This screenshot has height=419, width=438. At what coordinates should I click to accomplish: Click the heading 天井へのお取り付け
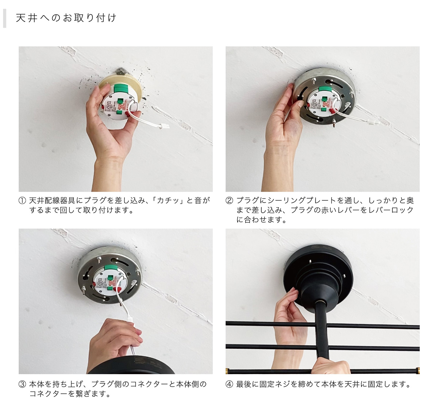tap(66, 18)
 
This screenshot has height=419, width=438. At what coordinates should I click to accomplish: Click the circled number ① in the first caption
tap(22, 200)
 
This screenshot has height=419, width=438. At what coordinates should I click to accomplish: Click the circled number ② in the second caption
tap(229, 200)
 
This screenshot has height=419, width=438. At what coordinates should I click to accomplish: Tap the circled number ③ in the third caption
tap(22, 384)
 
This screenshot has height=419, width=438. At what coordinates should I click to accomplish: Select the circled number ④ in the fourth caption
tap(229, 384)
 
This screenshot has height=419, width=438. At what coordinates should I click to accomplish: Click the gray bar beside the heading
tap(4, 18)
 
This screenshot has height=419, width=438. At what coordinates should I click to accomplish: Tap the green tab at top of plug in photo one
tap(120, 89)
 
